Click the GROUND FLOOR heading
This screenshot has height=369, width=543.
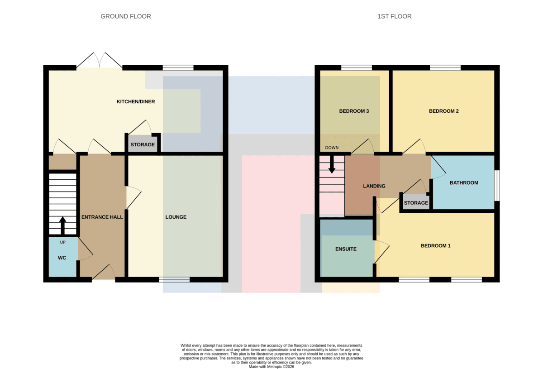point(126,16)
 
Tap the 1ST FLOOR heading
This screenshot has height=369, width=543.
point(395,16)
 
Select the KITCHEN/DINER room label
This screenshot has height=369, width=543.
point(136,102)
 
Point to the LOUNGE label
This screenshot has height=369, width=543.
point(176,217)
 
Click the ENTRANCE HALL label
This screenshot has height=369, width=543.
point(102,217)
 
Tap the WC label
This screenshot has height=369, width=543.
point(62,258)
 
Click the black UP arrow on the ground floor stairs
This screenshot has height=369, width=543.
point(63,225)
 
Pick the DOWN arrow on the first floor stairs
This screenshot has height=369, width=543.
point(332,164)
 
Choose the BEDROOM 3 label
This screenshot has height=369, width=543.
point(354,111)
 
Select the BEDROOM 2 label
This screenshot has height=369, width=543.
point(444,111)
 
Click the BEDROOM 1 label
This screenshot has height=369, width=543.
point(436,246)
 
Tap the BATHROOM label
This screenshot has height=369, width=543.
point(464,183)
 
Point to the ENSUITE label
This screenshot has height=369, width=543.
point(346,249)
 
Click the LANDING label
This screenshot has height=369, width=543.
point(374,186)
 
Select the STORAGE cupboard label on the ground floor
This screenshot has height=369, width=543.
point(143,145)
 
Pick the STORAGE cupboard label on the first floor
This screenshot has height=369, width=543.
point(416,203)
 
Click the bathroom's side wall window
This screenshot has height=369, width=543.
point(497,186)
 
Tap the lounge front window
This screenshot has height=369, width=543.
point(174,280)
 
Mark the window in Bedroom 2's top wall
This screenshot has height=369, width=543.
point(445,67)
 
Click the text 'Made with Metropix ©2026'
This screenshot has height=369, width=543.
point(271,367)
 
